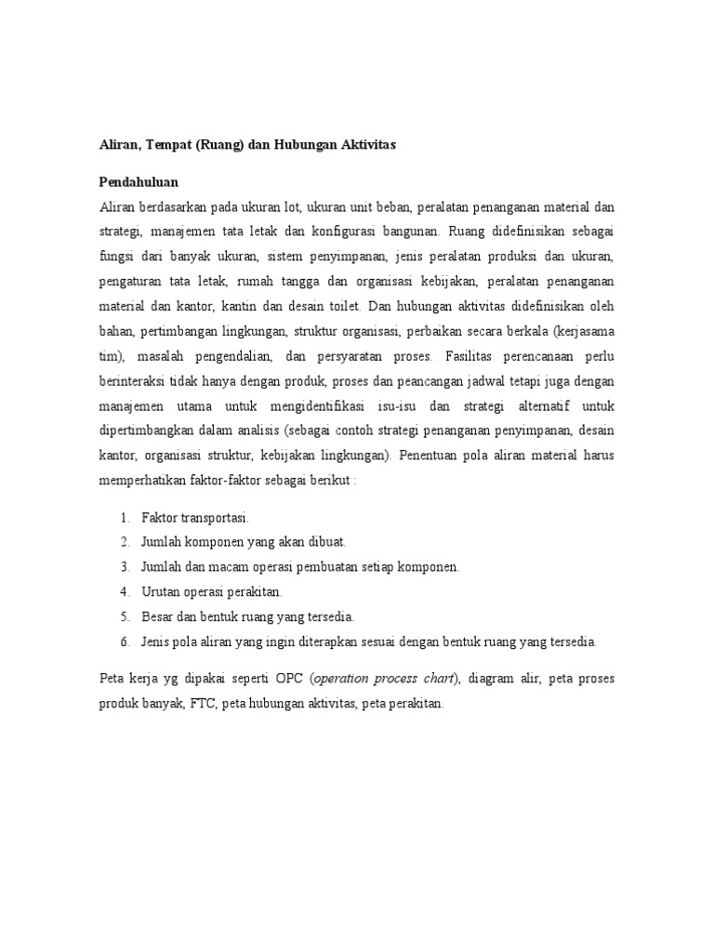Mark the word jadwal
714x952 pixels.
click(478, 381)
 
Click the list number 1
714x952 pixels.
click(125, 517)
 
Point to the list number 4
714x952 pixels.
click(125, 591)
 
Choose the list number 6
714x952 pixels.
click(125, 641)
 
